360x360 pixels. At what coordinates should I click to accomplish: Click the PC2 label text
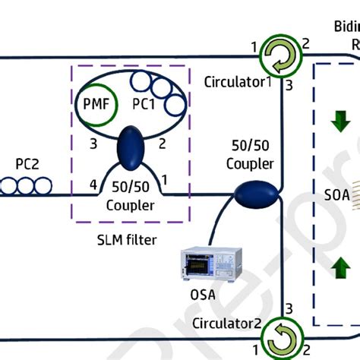(29, 163)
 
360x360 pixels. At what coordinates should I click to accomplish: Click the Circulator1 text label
(237, 81)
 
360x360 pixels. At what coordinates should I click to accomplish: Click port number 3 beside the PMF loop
(93, 142)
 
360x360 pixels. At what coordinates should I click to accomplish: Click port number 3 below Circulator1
(289, 85)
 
